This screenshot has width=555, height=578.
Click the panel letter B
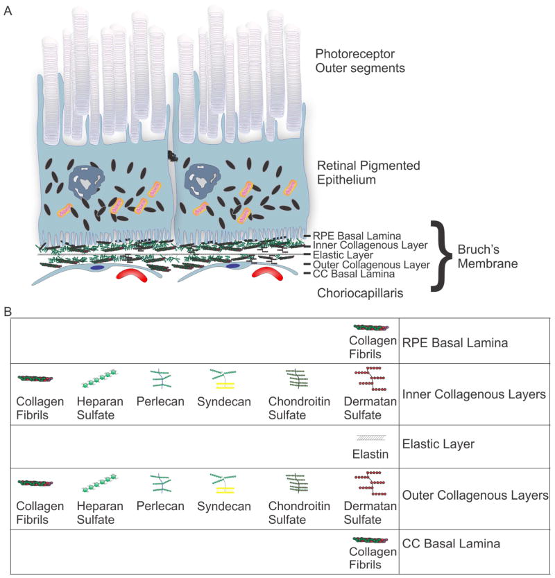coord(8,312)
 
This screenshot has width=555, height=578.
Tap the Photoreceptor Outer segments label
coord(360,60)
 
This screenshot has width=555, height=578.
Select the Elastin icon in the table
coord(371,437)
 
